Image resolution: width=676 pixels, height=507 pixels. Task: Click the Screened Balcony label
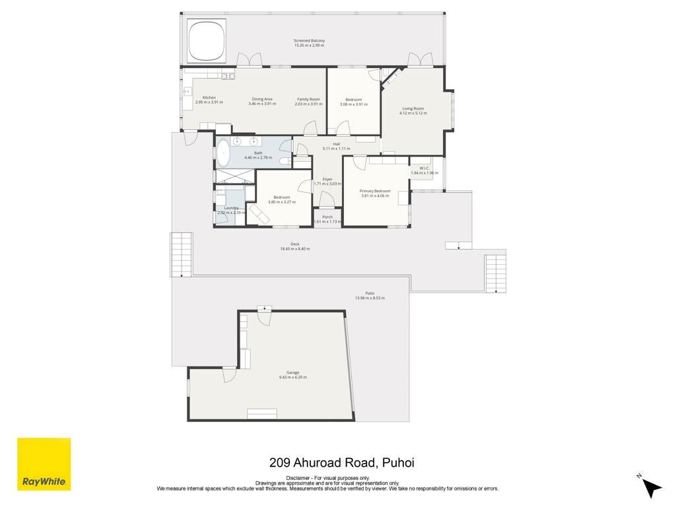309,40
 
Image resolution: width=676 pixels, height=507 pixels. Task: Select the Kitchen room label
209,98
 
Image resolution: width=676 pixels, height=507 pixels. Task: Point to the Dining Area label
262,99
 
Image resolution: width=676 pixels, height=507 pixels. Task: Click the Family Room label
309,99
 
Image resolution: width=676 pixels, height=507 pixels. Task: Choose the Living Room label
413,109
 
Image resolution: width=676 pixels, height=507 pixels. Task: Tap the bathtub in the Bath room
223,153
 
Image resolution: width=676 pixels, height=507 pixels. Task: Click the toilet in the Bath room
285,161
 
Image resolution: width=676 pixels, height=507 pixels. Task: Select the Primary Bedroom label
375,191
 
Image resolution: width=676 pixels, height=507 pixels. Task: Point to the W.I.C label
424,168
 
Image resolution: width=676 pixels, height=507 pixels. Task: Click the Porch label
327,217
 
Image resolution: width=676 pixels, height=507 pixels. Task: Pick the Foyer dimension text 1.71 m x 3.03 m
327,184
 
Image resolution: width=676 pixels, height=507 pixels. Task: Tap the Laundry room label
232,208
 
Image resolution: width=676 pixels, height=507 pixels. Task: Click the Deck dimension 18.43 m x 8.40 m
295,249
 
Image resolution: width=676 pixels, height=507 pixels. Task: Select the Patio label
370,293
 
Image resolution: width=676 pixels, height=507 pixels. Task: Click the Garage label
292,372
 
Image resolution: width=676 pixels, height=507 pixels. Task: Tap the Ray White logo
44,464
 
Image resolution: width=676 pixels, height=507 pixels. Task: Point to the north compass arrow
652,487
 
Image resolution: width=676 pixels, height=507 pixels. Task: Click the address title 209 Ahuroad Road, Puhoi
342,463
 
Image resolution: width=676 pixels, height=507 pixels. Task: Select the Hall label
336,144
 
